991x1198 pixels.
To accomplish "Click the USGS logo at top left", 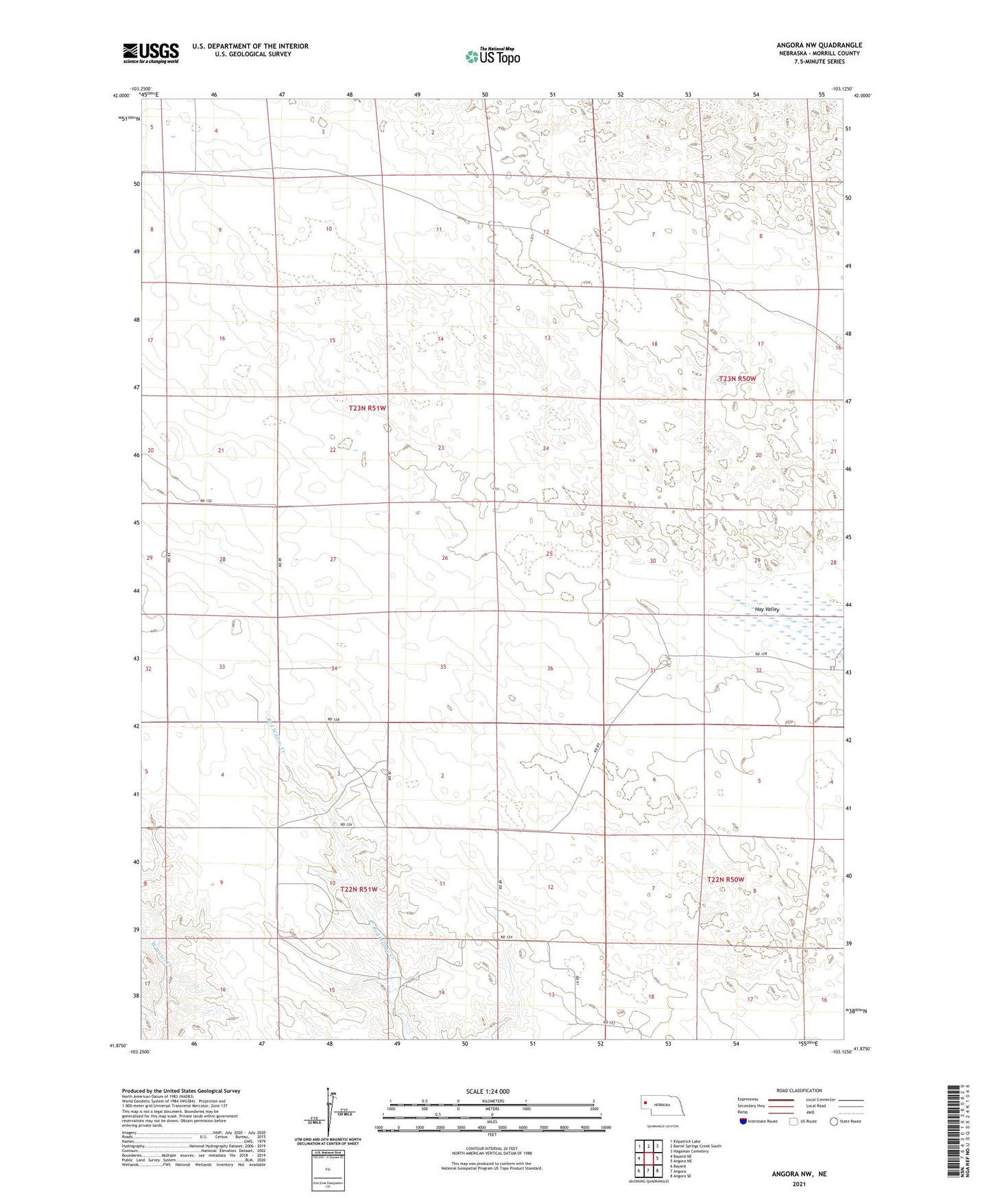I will tap(151, 53).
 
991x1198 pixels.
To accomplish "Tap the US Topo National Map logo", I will tap(492, 57).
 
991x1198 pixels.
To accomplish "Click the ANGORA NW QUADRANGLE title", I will tap(815, 45).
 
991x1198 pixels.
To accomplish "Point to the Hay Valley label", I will tap(767, 609).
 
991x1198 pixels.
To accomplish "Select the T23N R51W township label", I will tap(368, 408).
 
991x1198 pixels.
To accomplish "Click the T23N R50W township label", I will tap(737, 379).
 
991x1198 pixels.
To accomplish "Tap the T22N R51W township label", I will tap(359, 889).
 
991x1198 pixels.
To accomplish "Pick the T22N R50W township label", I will tap(725, 879).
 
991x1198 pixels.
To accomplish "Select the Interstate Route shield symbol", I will tap(743, 1121).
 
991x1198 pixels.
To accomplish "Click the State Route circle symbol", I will tap(834, 1121).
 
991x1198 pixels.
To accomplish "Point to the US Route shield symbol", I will tap(794, 1121).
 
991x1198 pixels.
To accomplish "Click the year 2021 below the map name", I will tap(798, 1184).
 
